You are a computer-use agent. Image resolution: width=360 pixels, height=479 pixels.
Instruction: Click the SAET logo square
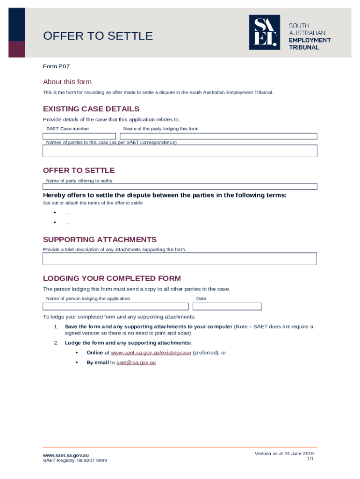pos(264,32)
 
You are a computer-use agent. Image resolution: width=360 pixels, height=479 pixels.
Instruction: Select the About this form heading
pos(67,82)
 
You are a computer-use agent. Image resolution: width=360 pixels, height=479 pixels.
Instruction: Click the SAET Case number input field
pos(79,137)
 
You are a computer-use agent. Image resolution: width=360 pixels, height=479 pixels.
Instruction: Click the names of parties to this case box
pos(180,151)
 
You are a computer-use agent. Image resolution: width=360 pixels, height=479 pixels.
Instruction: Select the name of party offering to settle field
pos(180,186)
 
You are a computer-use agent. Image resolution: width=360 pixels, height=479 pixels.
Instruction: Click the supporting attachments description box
pos(180,259)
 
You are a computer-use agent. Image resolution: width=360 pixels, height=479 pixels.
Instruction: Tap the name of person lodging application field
pos(116,306)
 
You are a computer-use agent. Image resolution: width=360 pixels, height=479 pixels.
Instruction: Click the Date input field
pos(227,306)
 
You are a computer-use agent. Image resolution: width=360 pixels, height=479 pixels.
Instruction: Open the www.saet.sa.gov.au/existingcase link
pos(151,353)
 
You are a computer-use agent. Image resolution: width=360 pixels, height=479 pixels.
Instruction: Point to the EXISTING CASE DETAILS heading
pos(91,109)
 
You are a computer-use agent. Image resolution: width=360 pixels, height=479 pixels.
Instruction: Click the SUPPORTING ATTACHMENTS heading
pos(100,239)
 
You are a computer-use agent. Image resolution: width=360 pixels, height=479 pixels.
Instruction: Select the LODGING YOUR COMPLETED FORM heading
pos(112,278)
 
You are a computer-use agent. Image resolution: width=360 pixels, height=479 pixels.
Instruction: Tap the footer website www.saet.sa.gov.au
pos(66,455)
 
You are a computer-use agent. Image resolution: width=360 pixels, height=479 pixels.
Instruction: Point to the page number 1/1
pos(310,459)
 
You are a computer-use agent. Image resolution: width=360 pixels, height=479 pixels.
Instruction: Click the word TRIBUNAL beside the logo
pos(304,47)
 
